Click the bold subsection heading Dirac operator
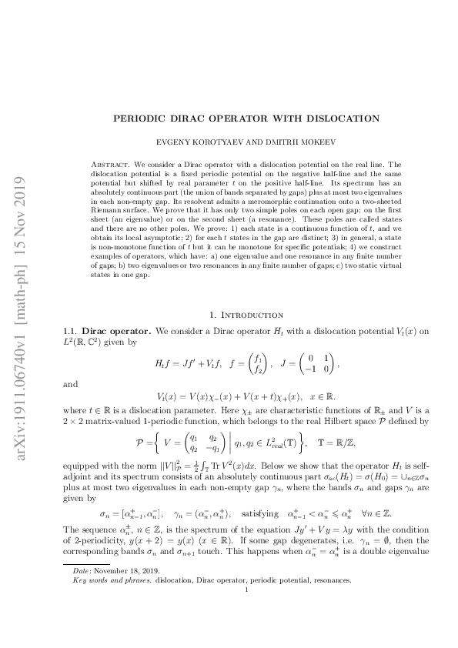117,329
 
